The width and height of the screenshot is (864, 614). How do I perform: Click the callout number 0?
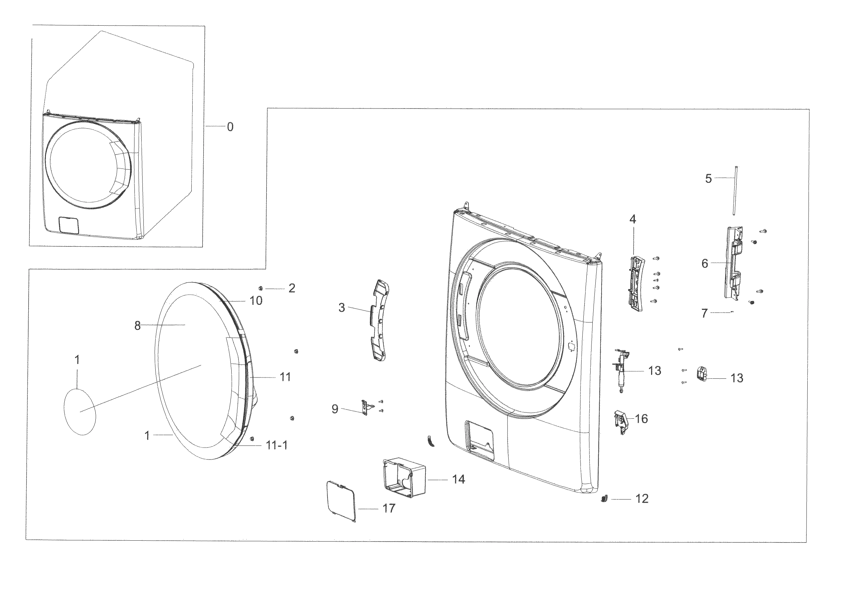coord(230,127)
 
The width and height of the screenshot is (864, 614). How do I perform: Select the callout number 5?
coord(708,178)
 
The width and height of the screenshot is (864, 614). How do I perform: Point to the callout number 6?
coord(704,264)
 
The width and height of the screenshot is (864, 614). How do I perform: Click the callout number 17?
coord(388,508)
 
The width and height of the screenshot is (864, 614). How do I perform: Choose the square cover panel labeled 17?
coord(341,501)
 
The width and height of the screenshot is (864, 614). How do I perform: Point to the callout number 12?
coord(642,499)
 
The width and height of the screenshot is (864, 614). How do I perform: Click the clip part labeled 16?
coord(621,422)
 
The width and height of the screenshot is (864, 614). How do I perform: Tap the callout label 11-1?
coord(277,446)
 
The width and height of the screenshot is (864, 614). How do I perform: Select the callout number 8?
coord(137,326)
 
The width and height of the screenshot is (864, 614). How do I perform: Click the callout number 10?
coord(256,301)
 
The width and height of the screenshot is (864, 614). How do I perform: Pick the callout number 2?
coord(291,288)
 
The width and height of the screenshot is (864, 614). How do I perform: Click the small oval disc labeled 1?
coord(80,412)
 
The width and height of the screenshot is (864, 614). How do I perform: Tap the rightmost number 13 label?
coord(737,378)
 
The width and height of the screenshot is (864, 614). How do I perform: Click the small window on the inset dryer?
coord(69,225)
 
